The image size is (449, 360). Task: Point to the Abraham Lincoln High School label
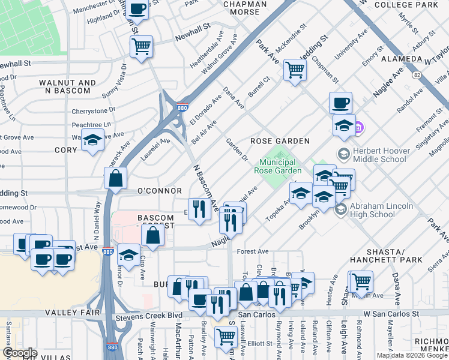(x=381, y=210)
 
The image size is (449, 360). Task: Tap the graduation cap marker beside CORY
(x=92, y=140)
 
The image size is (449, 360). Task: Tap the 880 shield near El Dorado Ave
(x=181, y=108)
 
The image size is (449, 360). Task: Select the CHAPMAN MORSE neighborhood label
(x=245, y=8)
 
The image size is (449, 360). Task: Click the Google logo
(x=20, y=353)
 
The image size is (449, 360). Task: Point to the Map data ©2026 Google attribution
(x=412, y=355)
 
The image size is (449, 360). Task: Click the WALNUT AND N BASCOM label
(x=67, y=86)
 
